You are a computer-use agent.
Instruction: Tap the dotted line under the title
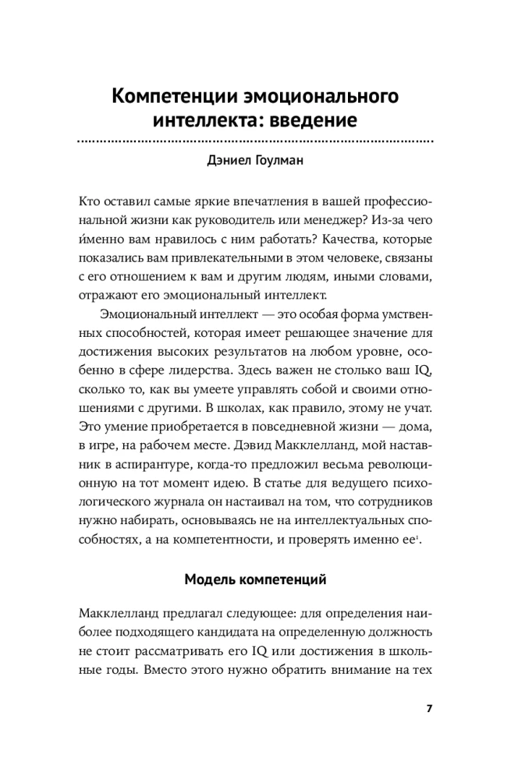(x=258, y=142)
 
